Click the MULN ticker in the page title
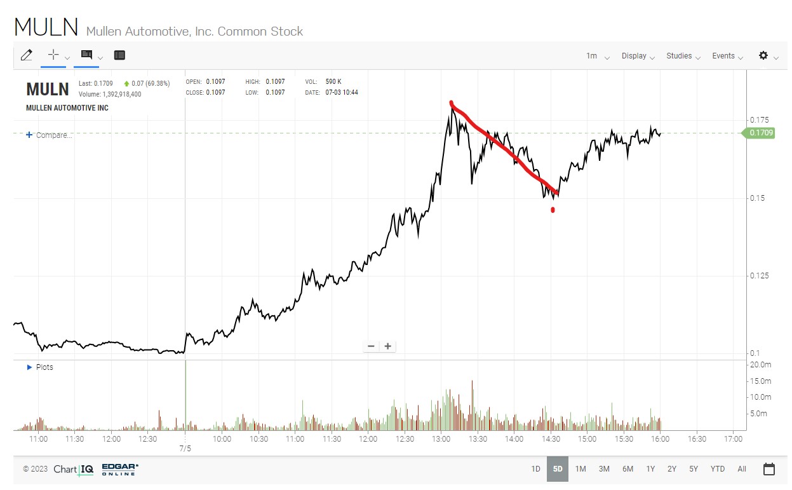pos(46,27)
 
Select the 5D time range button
pos(558,469)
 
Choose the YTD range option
pos(717,469)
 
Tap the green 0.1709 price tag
pos(761,133)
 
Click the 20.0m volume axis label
pos(761,365)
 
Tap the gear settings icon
pos(763,55)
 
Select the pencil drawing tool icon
pos(26,55)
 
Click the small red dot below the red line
pos(553,210)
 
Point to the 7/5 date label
pos(185,449)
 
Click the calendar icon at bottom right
pos(769,469)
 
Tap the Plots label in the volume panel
pos(44,367)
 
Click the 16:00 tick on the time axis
pos(660,439)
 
